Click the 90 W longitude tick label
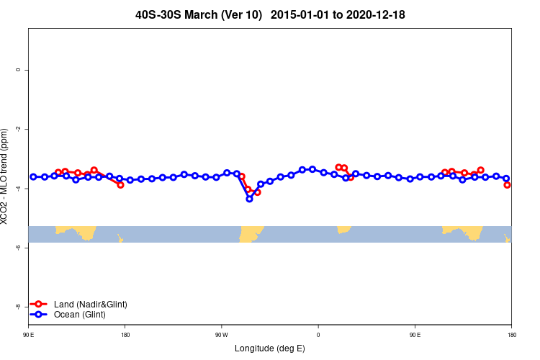tap(221, 335)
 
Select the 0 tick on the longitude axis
tap(318, 335)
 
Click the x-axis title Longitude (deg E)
tap(270, 348)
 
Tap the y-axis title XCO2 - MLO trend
tap(6, 176)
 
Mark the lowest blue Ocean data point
tap(249, 199)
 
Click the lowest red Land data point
tap(257, 192)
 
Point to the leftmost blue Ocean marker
tap(33, 176)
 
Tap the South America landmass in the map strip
tap(251, 233)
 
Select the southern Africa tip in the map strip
tap(343, 229)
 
